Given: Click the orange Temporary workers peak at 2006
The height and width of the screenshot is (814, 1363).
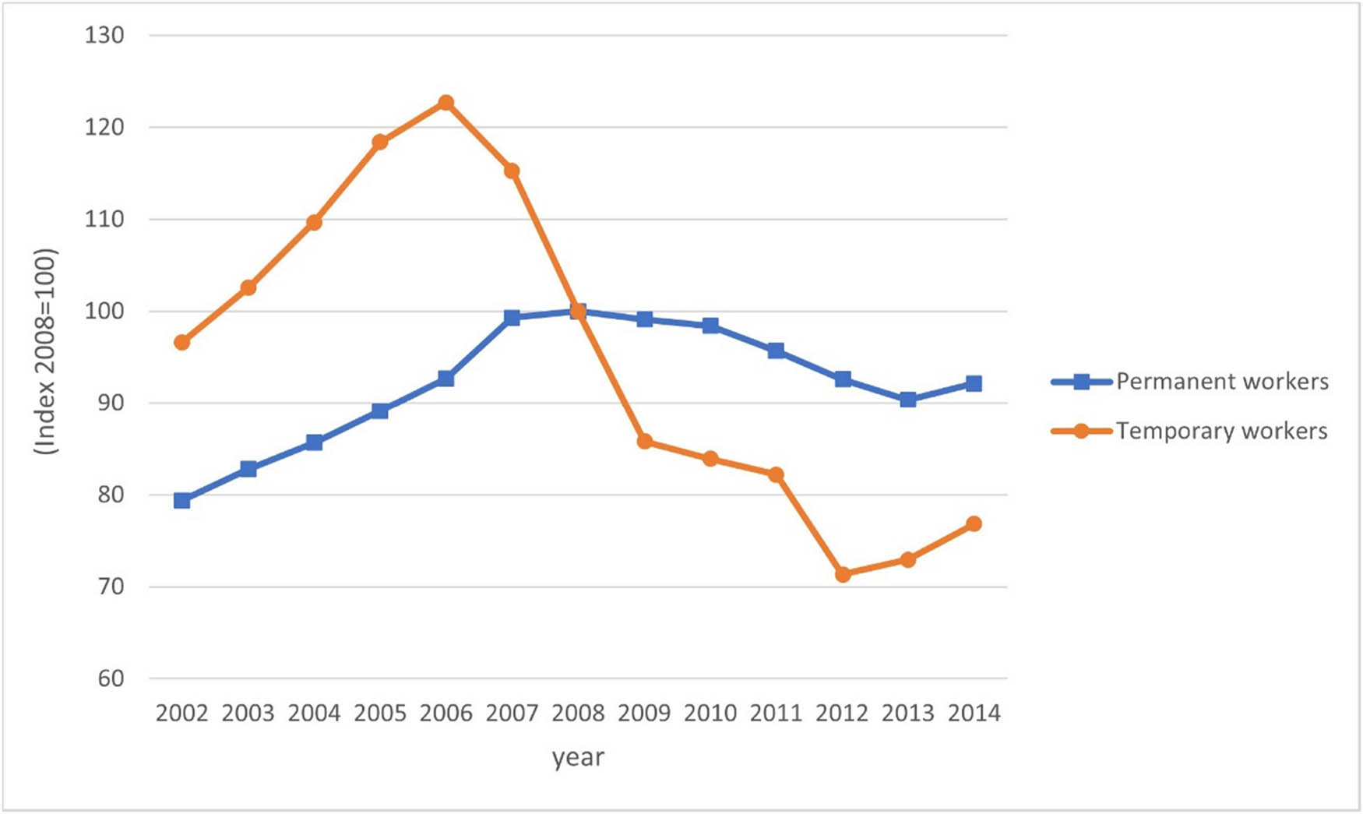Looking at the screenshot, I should coord(446,103).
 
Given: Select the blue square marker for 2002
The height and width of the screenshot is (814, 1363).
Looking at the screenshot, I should coord(182,500).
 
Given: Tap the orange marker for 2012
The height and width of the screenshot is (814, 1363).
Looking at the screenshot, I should coord(843,574).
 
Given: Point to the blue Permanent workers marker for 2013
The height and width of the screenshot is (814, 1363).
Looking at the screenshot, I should coord(908,400).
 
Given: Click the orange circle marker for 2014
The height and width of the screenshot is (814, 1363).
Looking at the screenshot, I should coord(974,523).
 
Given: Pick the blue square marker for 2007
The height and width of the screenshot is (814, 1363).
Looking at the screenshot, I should coord(512,318).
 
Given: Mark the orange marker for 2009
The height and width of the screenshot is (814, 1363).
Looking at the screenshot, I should coord(644,442).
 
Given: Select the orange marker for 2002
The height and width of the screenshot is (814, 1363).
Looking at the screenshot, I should coord(182,342).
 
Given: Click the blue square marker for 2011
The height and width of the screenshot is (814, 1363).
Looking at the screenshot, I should coord(776,351).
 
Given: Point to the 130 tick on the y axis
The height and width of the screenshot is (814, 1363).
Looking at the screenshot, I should coord(104,35).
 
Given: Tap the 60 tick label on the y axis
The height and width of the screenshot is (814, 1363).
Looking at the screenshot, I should coord(111,678).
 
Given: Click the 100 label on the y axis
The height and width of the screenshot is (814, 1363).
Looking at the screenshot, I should coord(104,311).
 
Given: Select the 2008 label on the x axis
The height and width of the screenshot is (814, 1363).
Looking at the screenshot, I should coord(578,713).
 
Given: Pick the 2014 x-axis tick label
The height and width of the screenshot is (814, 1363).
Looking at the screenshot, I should coord(974,713).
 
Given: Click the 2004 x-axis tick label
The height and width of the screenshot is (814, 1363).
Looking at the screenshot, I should coord(314,713).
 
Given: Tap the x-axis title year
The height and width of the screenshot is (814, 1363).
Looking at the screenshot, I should coord(578,757).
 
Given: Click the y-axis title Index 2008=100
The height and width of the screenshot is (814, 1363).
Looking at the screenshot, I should coord(46,351).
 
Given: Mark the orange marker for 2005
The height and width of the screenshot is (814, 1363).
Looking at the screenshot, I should coord(380,142).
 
